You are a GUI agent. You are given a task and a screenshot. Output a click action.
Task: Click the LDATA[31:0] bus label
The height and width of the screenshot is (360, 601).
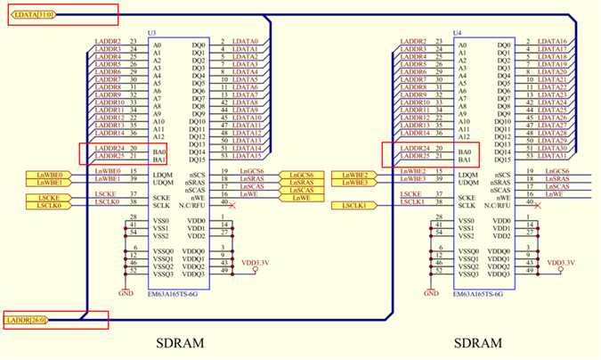[x=32, y=14]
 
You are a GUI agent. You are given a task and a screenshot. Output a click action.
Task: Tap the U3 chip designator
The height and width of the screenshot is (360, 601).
[x=151, y=33]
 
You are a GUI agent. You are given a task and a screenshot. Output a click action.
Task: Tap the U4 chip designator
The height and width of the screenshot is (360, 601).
[x=458, y=33]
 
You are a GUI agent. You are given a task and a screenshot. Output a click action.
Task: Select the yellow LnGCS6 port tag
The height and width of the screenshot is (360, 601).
[x=301, y=175]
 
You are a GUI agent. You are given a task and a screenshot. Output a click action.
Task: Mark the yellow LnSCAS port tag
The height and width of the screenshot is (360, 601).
[x=301, y=191]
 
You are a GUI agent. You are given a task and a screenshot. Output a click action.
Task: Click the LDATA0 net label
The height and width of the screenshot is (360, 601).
[x=246, y=42]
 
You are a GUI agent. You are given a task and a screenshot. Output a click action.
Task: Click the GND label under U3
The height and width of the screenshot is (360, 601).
[x=125, y=292]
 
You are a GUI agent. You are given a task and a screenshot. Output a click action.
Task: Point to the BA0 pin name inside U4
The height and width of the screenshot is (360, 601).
[x=463, y=148]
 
